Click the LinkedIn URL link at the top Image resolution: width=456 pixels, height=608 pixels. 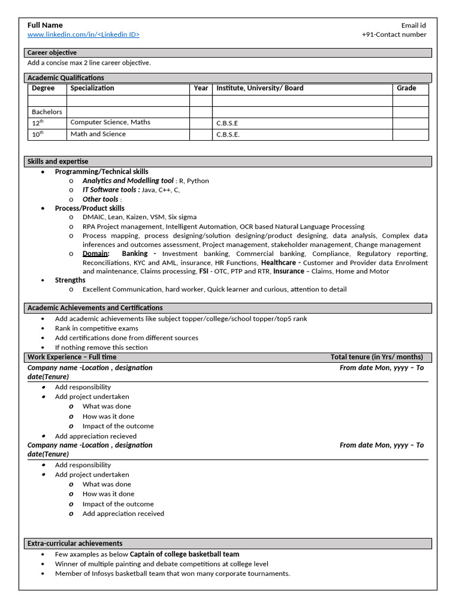84,34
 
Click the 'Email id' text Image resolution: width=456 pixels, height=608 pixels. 413,26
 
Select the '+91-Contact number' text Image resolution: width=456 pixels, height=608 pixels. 394,34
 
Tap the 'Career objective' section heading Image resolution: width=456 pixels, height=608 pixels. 52,53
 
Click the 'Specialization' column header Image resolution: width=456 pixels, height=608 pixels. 92,88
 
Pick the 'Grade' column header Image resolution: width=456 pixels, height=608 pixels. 406,88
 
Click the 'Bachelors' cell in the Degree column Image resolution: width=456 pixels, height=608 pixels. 47,112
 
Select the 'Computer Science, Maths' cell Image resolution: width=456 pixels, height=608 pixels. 110,122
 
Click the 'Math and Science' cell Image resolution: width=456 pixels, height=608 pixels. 98,134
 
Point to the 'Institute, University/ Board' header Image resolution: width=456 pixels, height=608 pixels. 259,88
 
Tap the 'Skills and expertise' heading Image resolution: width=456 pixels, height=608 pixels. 58,161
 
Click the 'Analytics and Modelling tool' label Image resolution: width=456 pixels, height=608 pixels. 128,180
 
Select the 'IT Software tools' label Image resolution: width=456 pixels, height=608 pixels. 111,190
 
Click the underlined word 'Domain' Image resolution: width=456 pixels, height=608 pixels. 95,254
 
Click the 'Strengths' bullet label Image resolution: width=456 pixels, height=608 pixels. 70,280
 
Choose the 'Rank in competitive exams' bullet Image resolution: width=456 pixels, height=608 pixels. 97,328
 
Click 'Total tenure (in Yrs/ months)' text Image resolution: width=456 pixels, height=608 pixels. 376,357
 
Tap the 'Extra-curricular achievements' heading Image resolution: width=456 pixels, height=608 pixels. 75,543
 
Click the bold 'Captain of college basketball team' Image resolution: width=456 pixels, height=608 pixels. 185,554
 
